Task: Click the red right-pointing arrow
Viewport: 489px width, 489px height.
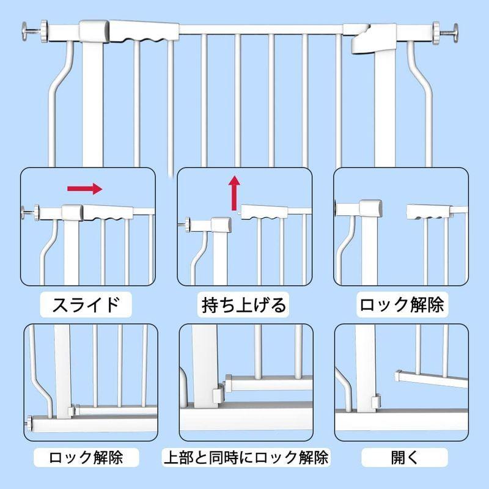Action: coord(84,189)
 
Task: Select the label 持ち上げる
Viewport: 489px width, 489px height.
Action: coord(244,304)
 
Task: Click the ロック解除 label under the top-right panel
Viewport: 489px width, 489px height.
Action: coord(401,304)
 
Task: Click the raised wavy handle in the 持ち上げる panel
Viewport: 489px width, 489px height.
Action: coord(265,212)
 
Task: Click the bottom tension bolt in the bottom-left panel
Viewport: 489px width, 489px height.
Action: coord(31,422)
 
